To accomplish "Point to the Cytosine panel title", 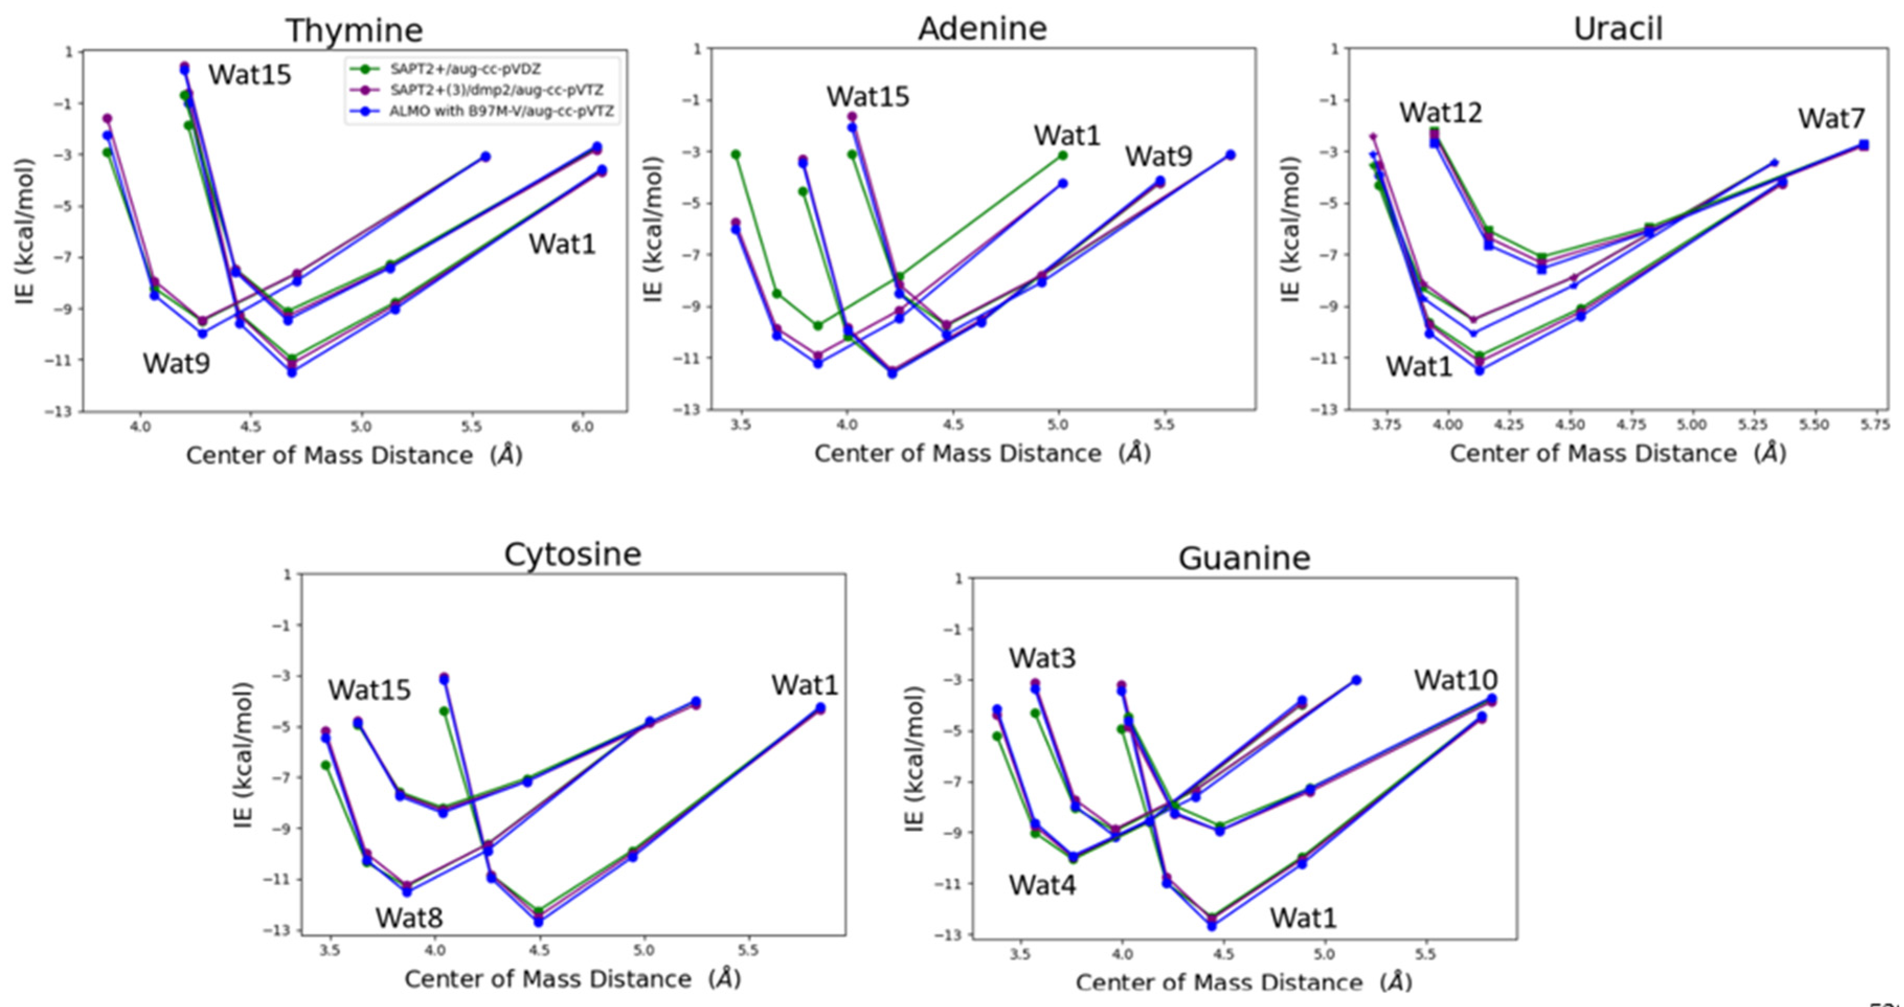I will click(x=572, y=555).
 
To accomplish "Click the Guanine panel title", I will click(x=1244, y=558).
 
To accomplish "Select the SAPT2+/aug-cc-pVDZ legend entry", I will click(x=466, y=70).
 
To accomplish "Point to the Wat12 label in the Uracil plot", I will click(x=1441, y=113).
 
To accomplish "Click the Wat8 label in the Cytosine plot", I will click(x=409, y=918).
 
